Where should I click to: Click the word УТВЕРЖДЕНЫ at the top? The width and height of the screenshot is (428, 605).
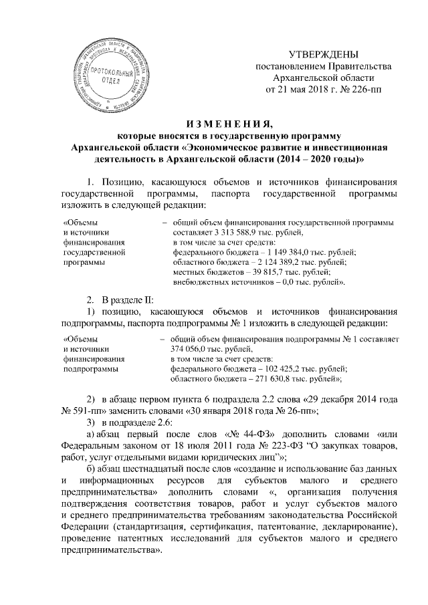pyautogui.click(x=323, y=53)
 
